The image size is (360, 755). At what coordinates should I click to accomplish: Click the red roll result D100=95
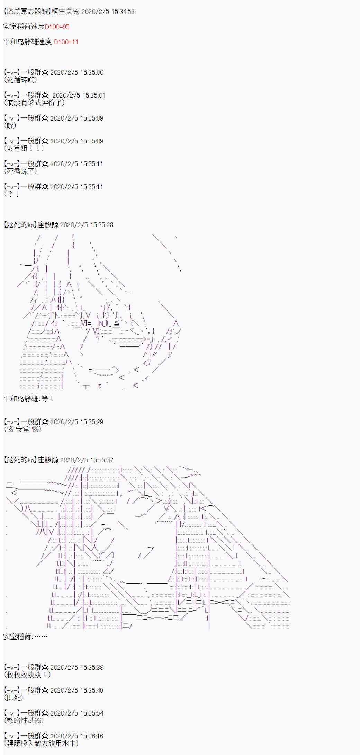click(x=57, y=27)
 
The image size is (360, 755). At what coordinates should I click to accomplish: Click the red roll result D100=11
click(x=66, y=42)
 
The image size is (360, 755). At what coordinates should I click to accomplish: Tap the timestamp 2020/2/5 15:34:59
click(x=108, y=11)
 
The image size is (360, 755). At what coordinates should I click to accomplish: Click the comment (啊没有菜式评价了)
click(x=35, y=103)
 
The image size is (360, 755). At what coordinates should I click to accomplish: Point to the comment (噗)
click(x=10, y=126)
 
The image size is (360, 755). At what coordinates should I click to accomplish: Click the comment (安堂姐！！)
click(x=25, y=149)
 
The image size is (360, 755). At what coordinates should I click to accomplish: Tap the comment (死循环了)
click(x=21, y=171)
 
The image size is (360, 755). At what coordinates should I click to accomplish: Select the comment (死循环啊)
click(x=21, y=80)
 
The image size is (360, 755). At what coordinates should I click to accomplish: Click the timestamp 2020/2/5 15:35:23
click(x=87, y=225)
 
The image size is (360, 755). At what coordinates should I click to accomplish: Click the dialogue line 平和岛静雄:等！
click(x=28, y=399)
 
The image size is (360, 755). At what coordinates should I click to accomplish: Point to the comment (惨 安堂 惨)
click(x=23, y=429)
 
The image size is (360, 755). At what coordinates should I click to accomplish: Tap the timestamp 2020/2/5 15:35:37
click(x=87, y=460)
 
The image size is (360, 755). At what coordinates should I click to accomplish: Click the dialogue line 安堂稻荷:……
click(x=26, y=637)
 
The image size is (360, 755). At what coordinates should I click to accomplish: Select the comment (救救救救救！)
click(x=28, y=675)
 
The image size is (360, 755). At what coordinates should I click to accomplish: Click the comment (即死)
click(x=14, y=698)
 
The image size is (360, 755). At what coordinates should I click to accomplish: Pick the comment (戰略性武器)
click(x=24, y=720)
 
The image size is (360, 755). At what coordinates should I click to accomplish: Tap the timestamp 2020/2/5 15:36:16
click(x=77, y=736)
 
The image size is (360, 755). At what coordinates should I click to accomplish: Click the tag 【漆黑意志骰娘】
click(x=27, y=11)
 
